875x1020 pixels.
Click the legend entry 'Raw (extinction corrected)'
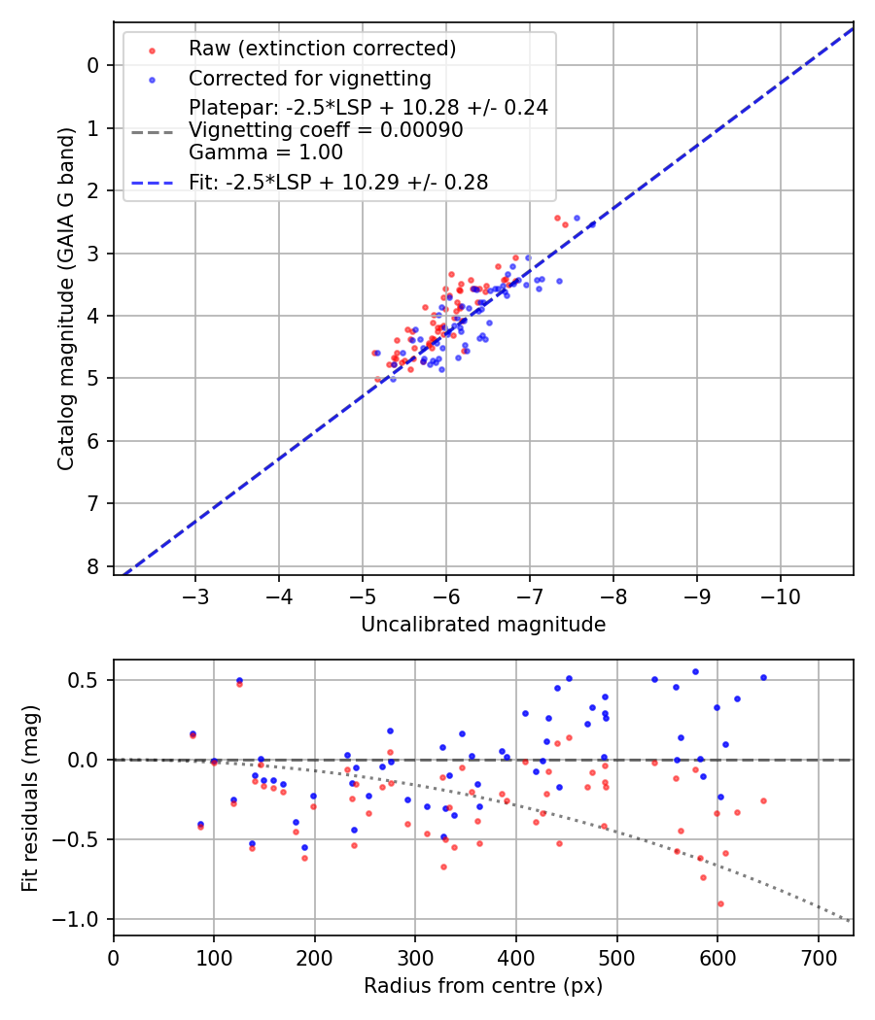tap(322, 49)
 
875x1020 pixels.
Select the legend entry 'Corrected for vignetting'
tap(309, 79)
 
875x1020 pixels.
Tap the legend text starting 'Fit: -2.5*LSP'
tap(338, 182)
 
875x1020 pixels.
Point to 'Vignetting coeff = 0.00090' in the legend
tap(326, 130)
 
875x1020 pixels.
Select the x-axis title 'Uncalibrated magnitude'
tap(483, 625)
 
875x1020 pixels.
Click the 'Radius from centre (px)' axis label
tap(483, 986)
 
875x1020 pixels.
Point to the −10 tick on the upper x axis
tap(780, 594)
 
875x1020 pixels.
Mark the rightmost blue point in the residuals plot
tap(763, 677)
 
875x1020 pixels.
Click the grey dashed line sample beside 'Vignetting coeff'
tap(152, 131)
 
